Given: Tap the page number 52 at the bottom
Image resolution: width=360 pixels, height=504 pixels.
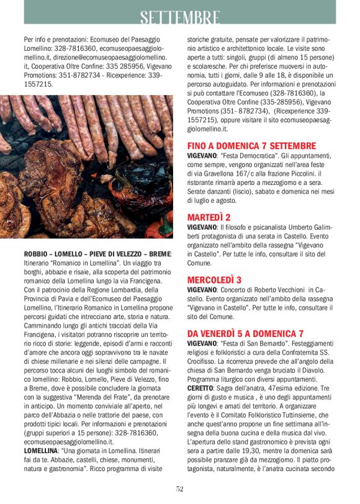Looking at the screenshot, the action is click(x=180, y=489).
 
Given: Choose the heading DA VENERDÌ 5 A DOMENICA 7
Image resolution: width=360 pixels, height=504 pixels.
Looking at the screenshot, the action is click(x=246, y=333).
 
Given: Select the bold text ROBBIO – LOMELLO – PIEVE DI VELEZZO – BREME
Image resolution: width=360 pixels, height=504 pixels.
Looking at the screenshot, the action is click(x=96, y=254).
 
